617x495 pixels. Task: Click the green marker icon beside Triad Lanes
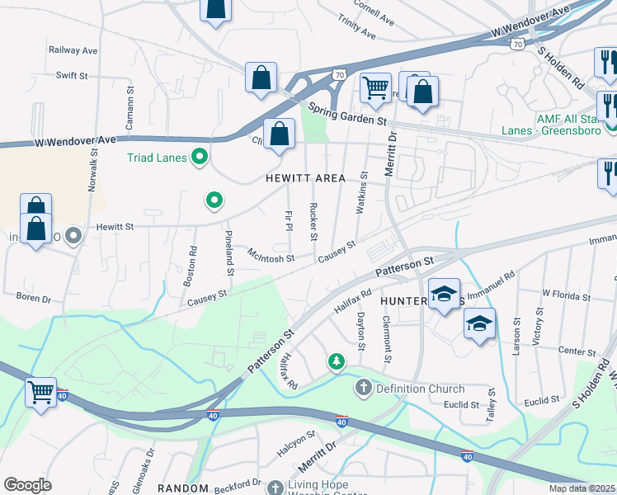(x=199, y=156)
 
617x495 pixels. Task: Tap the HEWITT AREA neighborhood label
(x=305, y=178)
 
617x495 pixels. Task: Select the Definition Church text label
(x=421, y=389)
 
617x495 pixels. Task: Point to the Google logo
(x=27, y=485)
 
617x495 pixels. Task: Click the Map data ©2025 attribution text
(x=582, y=488)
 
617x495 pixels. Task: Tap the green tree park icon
(x=337, y=361)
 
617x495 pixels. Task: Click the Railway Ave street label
(x=73, y=50)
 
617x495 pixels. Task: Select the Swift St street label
(x=72, y=75)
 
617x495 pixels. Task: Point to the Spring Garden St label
(x=347, y=113)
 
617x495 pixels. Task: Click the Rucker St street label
(x=313, y=221)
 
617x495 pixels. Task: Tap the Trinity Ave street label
(x=356, y=31)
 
